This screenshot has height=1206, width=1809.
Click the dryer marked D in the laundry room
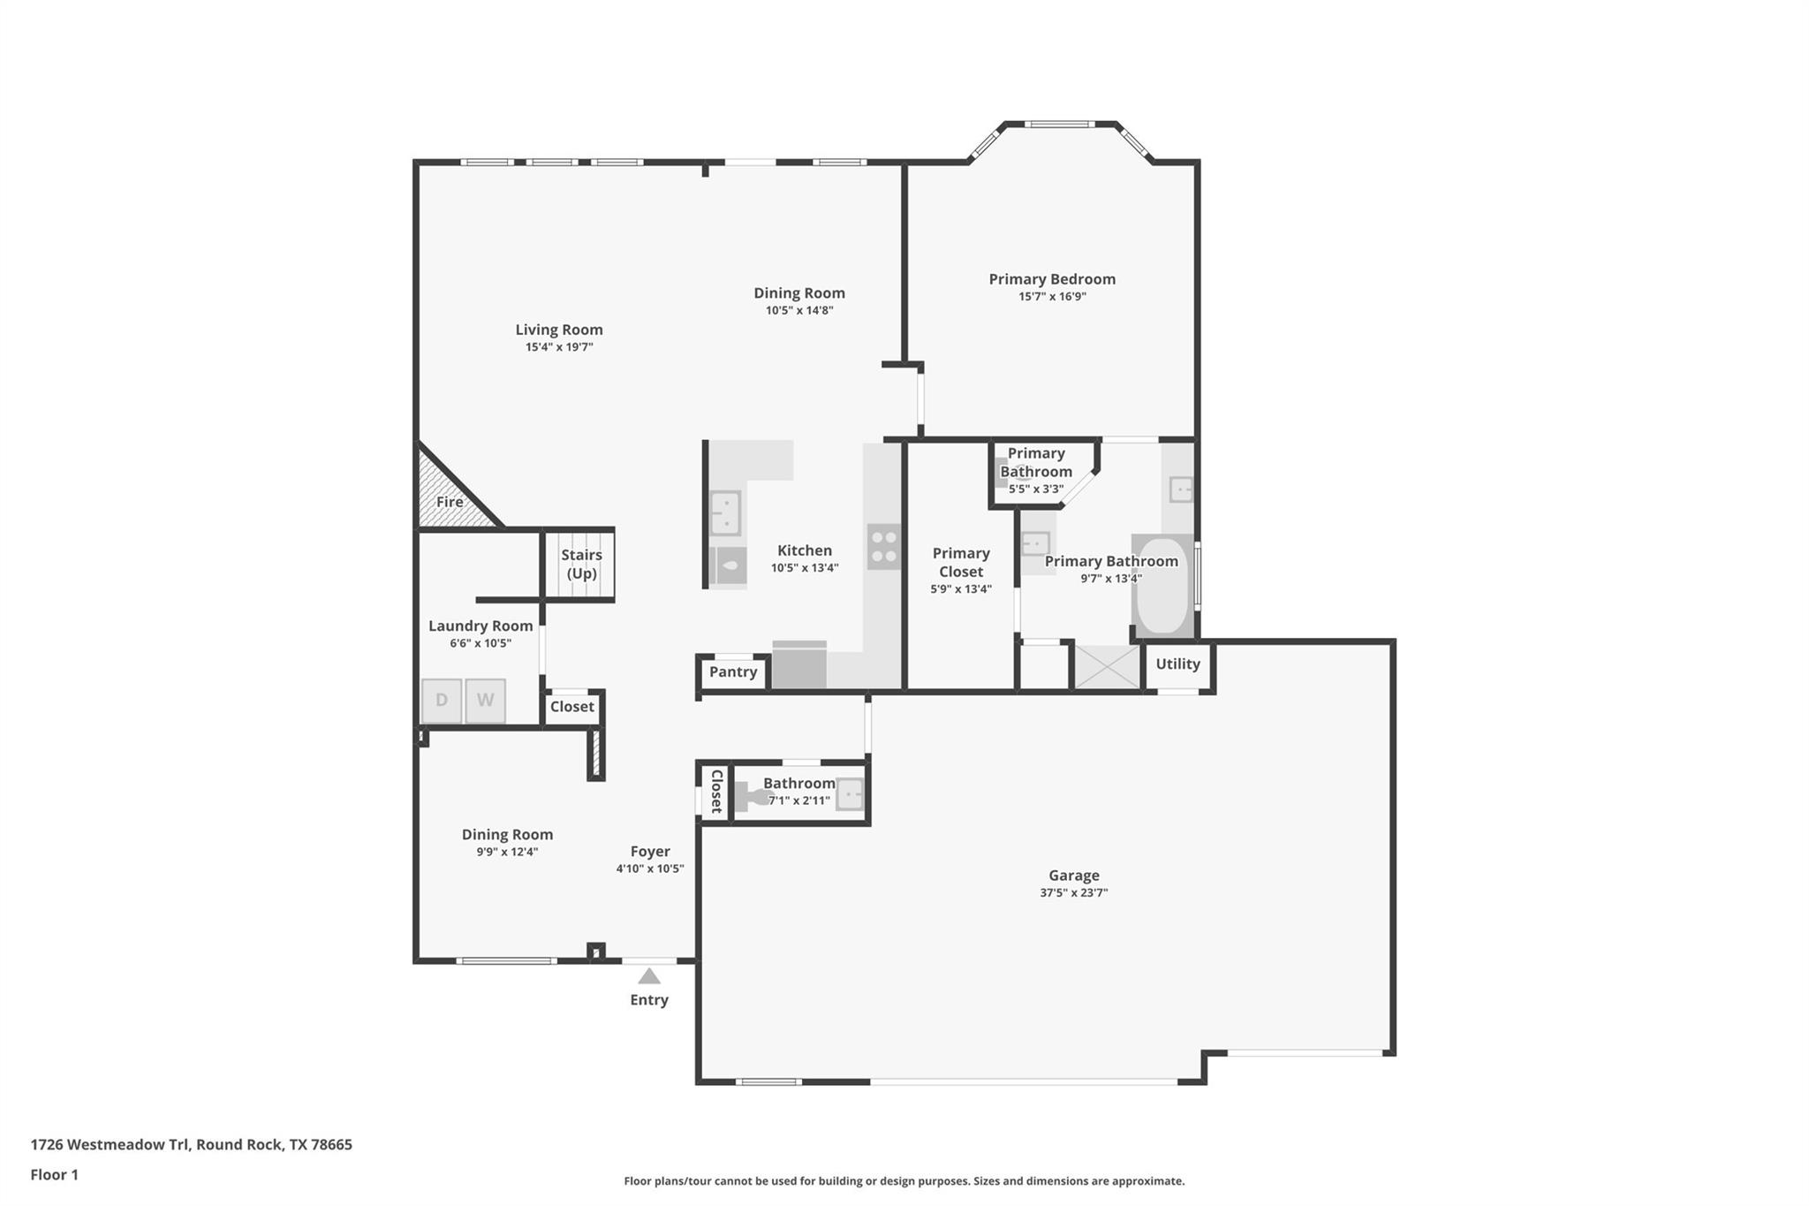442,701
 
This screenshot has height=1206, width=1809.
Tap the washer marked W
485,701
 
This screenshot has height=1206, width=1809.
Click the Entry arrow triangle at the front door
649,976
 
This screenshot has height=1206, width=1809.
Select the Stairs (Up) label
581,564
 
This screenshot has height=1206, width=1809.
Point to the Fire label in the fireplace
450,502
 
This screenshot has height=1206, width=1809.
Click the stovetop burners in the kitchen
883,546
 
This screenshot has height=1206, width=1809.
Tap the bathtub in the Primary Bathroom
1162,586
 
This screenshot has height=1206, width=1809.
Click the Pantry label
733,671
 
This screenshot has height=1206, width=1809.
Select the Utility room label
1177,664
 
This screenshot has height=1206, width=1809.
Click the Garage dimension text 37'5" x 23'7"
1073,892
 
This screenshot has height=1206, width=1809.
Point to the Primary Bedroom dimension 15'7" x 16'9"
1052,296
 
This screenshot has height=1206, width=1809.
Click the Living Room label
559,330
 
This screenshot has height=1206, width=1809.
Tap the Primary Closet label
961,562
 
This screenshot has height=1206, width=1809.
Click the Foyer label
650,851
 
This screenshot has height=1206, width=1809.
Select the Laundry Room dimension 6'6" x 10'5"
481,643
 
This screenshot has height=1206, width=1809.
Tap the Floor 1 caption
54,1174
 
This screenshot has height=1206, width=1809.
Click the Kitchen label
804,550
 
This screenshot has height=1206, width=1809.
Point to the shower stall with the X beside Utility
1107,667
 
